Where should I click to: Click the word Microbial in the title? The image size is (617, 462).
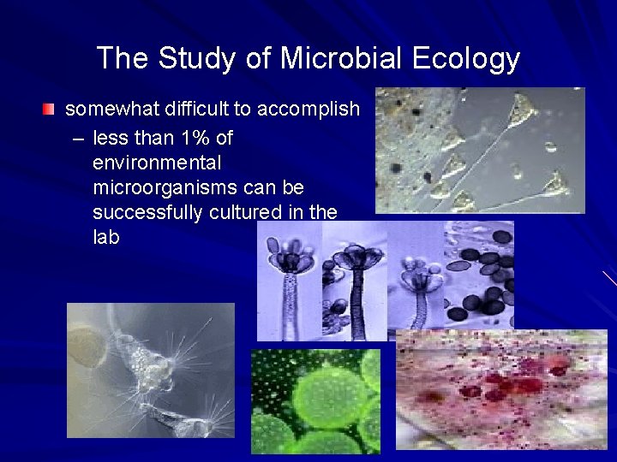[x=341, y=58]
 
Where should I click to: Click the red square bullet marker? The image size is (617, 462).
[x=50, y=110]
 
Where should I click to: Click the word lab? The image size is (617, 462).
[x=105, y=236]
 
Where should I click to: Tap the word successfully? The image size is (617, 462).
[x=147, y=211]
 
